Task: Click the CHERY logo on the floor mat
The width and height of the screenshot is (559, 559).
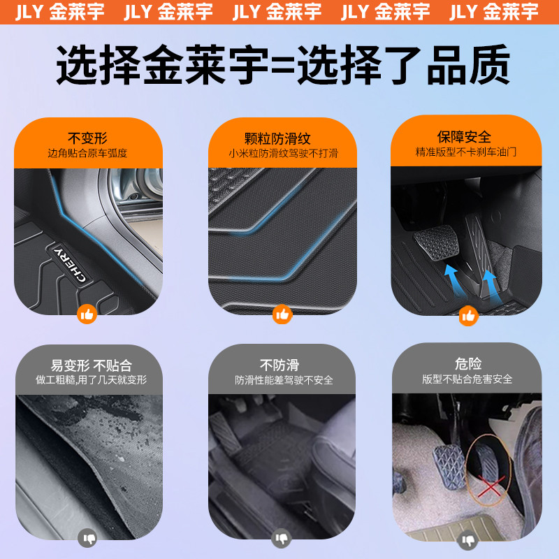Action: coord(70,263)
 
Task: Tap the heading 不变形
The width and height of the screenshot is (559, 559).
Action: coord(87,138)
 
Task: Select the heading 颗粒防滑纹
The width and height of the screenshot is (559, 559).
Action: coord(277,138)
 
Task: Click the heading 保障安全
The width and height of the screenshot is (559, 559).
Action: coord(464,137)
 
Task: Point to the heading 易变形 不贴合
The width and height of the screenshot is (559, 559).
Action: coord(92,365)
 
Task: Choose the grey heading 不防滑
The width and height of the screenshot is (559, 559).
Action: coord(279,365)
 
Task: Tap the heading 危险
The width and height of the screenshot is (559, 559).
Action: coord(468,364)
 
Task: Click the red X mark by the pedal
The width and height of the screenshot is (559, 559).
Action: coord(491,486)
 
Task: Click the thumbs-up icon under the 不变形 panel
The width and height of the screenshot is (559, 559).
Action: coord(87,314)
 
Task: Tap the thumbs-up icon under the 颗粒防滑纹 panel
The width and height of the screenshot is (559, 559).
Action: coord(282,314)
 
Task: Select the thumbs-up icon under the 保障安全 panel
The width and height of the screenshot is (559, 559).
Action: coord(468,316)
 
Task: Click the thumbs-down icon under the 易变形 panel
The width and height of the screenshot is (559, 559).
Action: coord(87,537)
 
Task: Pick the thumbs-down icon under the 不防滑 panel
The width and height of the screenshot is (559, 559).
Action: coord(282,538)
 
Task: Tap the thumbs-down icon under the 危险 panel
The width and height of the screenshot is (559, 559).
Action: coord(467,540)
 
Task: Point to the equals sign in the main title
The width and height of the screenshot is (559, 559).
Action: coord(284,66)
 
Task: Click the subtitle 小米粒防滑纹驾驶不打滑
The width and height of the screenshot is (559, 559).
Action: coord(284,154)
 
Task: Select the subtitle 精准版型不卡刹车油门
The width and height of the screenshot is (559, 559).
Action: coord(466,152)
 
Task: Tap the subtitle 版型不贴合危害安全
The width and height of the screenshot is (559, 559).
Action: coord(467,379)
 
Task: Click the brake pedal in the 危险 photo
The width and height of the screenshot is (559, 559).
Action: coord(449,465)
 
